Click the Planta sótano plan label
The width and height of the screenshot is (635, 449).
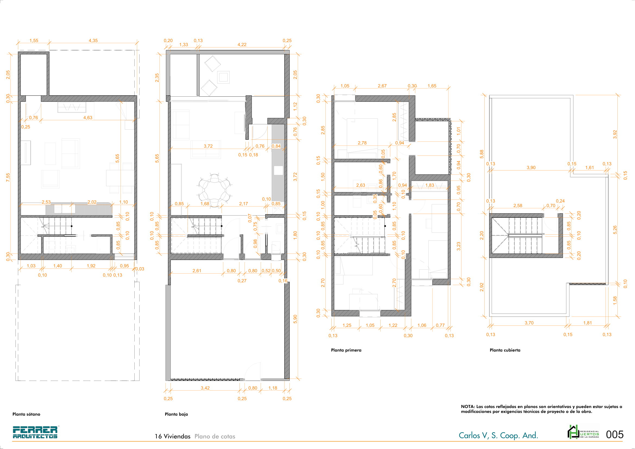tap(26, 414)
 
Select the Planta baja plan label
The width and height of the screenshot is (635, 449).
tap(176, 414)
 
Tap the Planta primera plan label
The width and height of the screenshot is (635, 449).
tap(346, 350)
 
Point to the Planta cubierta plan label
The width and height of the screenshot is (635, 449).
tap(505, 350)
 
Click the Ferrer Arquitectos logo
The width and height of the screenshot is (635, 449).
tap(35, 432)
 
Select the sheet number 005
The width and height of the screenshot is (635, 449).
tap(615, 434)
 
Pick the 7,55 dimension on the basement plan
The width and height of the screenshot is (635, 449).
tap(8, 178)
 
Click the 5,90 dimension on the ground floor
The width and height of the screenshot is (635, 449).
tap(295, 319)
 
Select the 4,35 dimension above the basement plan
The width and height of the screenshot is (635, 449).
tap(93, 40)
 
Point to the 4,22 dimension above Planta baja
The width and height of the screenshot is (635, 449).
tap(242, 45)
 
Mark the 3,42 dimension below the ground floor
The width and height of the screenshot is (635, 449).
tap(205, 388)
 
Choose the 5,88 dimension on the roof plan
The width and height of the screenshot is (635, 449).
tap(482, 154)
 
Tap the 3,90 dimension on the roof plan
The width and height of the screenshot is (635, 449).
tap(531, 167)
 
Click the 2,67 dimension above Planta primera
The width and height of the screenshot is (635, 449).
tap(382, 86)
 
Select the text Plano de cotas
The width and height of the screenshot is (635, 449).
tap(215, 436)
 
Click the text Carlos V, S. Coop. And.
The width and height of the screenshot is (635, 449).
tap(498, 435)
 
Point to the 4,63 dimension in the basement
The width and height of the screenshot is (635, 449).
tap(88, 118)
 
